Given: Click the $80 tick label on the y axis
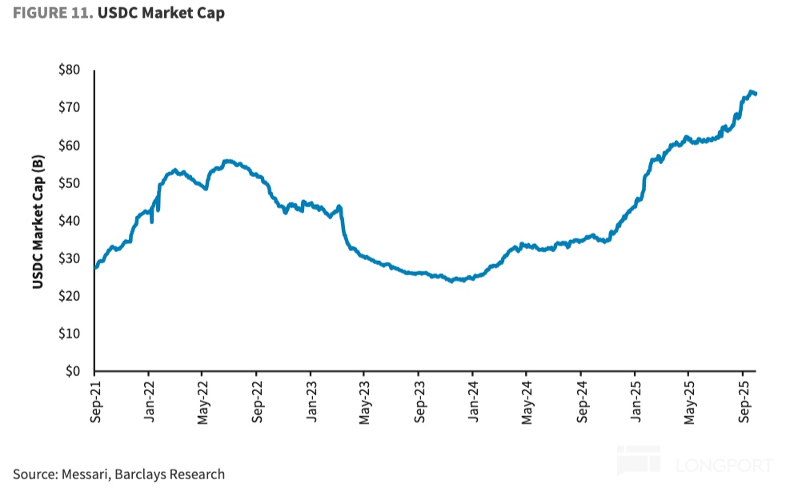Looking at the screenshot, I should tap(69, 70).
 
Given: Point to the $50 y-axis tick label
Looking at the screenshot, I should tap(69, 183).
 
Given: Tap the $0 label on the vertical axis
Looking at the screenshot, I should tap(73, 371).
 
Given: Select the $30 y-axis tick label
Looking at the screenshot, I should tap(69, 258).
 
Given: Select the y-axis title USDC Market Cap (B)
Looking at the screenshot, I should tap(38, 219).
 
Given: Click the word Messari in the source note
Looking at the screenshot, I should tap(90, 474).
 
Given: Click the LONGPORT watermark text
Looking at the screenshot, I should tap(724, 465).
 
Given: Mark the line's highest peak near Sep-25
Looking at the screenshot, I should tap(751, 91).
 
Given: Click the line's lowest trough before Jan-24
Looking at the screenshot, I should tap(454, 281).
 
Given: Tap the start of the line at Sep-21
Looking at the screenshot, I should tap(95, 267).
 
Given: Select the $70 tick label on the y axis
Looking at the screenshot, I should tap(69, 107).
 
